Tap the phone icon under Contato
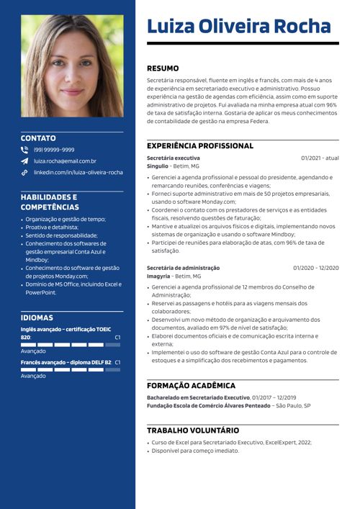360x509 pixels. coord(24,150)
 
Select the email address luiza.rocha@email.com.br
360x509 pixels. coord(65,161)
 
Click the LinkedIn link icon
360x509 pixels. coord(24,173)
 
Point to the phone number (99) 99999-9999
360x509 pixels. coord(54,150)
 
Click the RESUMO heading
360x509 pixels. coord(163,68)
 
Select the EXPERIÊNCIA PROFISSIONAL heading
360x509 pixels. coord(200,145)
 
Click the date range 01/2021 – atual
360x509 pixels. coord(320,158)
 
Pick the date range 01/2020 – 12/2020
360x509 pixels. coord(315,268)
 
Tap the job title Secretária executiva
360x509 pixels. coord(174,158)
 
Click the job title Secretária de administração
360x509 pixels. coord(183,268)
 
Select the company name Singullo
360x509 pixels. coord(158,166)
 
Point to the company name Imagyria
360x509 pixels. coord(158,276)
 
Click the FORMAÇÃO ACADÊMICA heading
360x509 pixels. coord(191,386)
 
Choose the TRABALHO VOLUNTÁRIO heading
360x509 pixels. coord(193,431)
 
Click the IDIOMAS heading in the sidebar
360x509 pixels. coord(37,317)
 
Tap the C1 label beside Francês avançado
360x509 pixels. coord(117,362)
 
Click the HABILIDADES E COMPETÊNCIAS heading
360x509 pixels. coord(49,202)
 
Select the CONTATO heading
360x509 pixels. coord(38,138)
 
